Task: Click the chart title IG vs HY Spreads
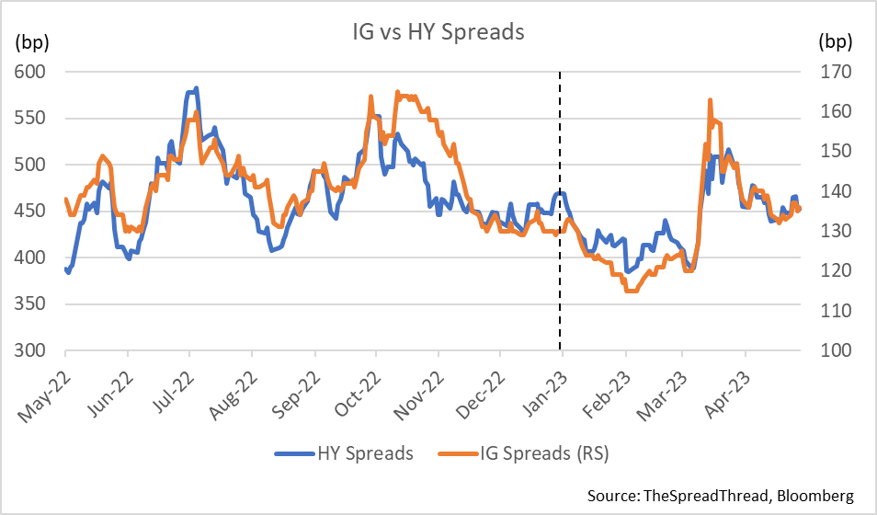[x=438, y=32]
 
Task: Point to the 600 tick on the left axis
[x=29, y=72]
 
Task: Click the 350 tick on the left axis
[x=29, y=304]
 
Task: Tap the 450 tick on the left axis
[x=29, y=212]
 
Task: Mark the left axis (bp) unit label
[x=31, y=41]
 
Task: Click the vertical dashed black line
[x=561, y=276]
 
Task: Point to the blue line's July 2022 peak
[x=196, y=88]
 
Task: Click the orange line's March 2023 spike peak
[x=710, y=99]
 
